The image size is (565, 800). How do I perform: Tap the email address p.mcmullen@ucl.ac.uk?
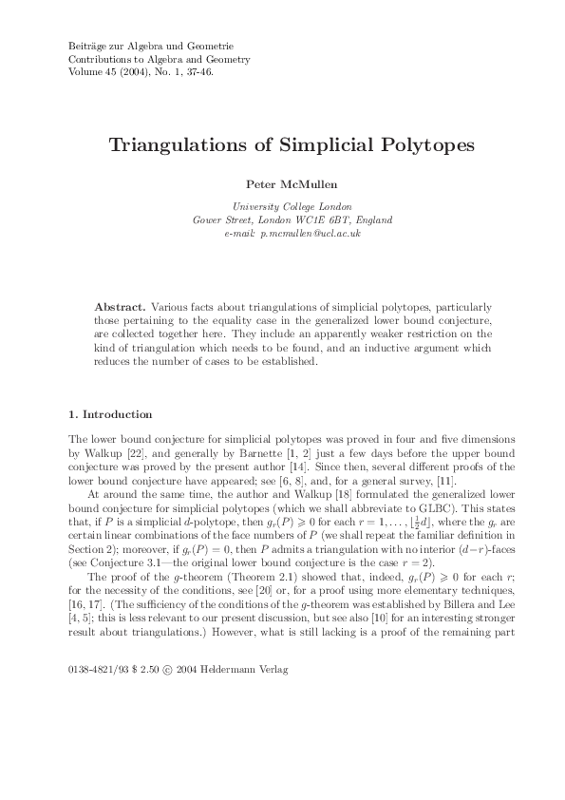coord(313,233)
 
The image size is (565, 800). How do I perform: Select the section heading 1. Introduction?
coord(110,415)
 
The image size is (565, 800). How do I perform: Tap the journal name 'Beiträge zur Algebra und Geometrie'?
coord(151,46)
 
